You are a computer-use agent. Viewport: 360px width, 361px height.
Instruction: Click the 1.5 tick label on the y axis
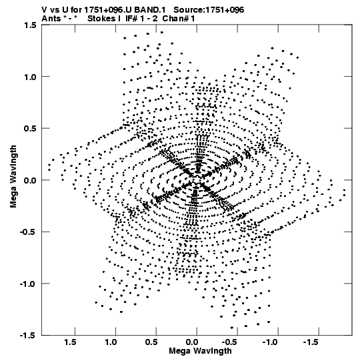coord(30,25)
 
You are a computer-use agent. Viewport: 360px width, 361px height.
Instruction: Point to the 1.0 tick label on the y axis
coord(30,77)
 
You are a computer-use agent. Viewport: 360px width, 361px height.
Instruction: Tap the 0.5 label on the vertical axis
coord(30,128)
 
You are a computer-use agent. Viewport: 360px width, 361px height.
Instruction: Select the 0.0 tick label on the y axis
coord(30,180)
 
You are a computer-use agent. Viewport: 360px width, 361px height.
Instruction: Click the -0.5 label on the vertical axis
coord(28,232)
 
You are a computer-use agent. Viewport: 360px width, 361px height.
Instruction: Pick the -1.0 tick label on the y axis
coord(28,284)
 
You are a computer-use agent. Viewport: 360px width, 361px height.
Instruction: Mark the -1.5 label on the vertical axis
coord(28,336)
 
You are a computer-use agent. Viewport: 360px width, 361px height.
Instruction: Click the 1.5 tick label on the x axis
coord(71,342)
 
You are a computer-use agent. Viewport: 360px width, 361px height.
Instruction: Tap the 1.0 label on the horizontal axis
coord(111,342)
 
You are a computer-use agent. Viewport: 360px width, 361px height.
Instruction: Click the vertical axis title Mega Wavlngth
coord(13,177)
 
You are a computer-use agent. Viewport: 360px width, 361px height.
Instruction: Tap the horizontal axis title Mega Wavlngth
coord(201,351)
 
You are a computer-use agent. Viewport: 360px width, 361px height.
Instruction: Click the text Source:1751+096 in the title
coord(209,10)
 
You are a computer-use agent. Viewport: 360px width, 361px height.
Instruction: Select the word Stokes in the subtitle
coord(102,19)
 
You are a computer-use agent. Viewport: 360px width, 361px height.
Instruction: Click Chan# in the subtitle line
coord(175,19)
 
